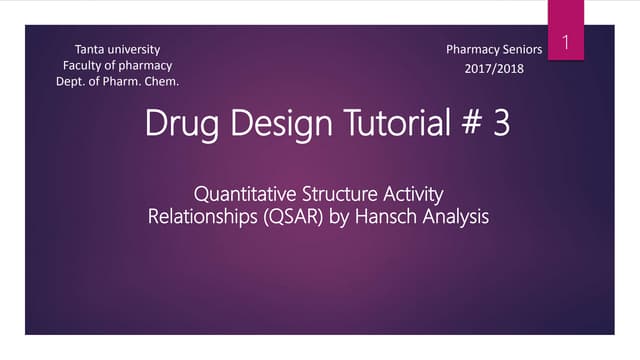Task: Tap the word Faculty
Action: tap(84, 64)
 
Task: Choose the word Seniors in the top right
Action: tap(520, 48)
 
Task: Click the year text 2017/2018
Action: tap(493, 68)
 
